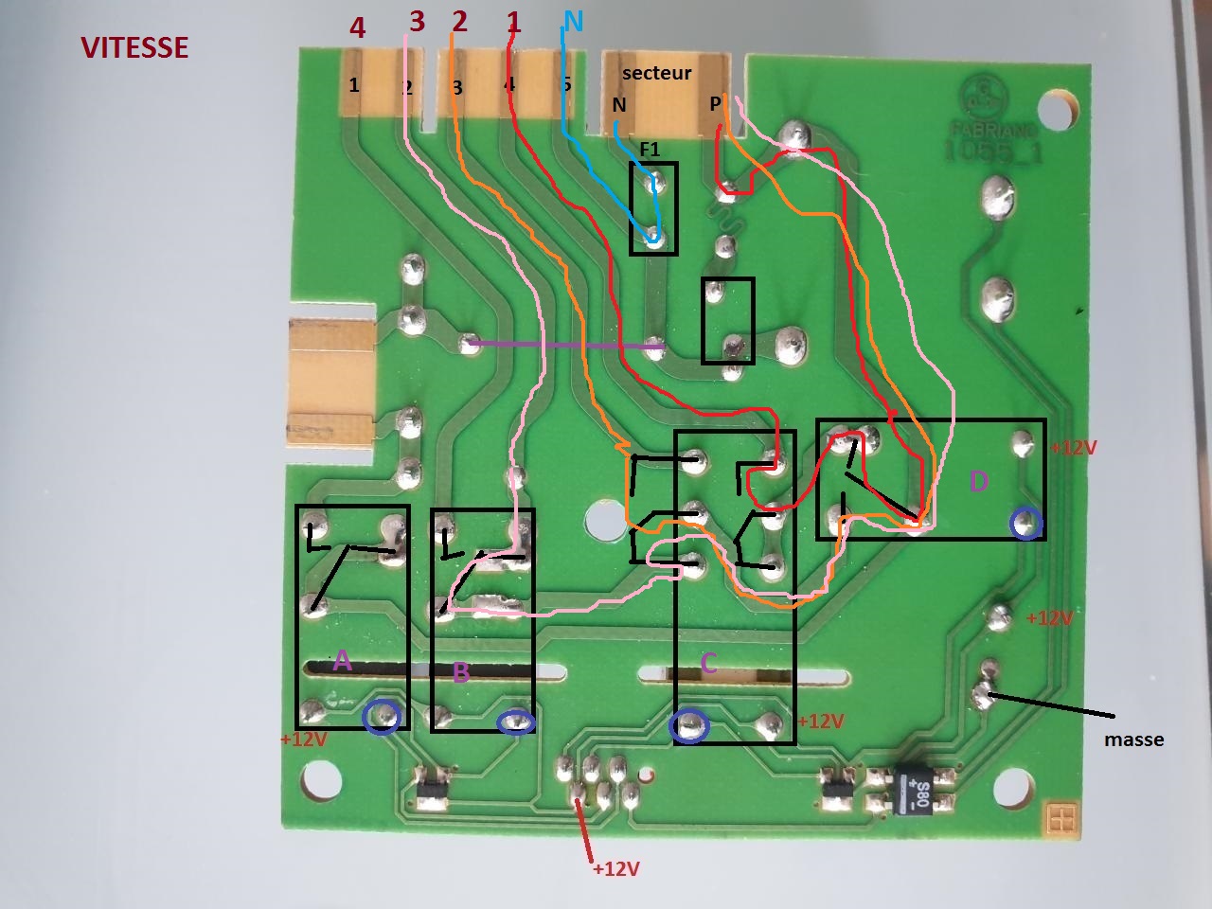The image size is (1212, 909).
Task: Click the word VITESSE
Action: click(x=134, y=47)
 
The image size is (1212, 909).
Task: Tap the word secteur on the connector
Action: click(x=656, y=73)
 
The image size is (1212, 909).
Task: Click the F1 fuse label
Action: click(x=650, y=150)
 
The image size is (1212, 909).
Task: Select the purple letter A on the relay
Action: click(x=343, y=660)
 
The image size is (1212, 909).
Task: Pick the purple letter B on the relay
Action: click(x=461, y=672)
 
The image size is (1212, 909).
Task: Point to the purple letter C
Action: click(x=708, y=664)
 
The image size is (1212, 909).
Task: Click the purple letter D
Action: click(x=979, y=482)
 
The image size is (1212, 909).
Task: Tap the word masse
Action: click(x=1133, y=740)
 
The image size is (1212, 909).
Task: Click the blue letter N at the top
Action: click(x=573, y=21)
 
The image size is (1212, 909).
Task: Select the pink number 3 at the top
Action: click(x=417, y=21)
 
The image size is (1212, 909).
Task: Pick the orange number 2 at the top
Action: click(x=459, y=21)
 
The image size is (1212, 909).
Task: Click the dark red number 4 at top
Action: click(x=357, y=27)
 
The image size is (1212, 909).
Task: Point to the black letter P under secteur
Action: click(x=715, y=104)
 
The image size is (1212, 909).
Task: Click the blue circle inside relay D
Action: click(x=1025, y=522)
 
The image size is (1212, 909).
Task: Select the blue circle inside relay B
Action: click(x=516, y=722)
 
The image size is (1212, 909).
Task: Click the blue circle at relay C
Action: click(x=689, y=726)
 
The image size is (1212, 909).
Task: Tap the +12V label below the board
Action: click(x=615, y=868)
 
